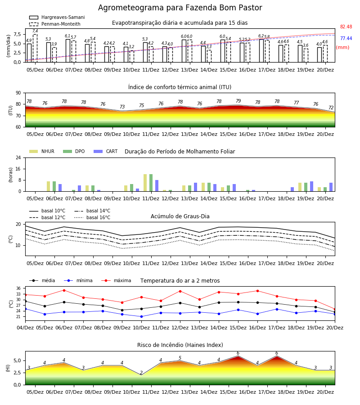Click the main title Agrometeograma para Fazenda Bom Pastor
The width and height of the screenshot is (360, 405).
pos(180,8)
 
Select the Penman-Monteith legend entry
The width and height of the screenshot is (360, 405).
pos(55,24)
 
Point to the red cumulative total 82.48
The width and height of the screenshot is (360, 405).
pos(346,27)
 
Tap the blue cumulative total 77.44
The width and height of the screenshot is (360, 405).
pos(346,38)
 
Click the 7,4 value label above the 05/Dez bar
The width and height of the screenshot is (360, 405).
pos(35,31)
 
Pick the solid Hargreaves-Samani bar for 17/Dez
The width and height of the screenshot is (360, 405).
pos(261,50)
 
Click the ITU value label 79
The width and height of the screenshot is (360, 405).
pos(238,101)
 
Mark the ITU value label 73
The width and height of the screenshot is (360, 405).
pos(122,107)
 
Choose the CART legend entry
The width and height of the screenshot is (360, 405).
pos(106,151)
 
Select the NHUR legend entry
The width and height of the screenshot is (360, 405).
pos(42,151)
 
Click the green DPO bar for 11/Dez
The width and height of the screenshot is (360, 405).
pos(151,183)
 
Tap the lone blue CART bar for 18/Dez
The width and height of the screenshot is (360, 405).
pos(292,189)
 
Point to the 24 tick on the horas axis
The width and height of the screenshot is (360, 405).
pos(18,157)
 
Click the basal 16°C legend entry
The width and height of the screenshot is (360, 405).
pos(92,217)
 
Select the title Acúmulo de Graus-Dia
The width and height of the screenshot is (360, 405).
pos(180,216)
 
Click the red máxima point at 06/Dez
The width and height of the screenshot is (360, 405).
pos(64,290)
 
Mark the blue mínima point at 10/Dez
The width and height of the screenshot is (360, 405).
pos(141,317)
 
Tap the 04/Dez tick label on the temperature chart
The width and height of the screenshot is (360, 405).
pos(25,328)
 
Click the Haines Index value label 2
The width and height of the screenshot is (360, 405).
pos(141,373)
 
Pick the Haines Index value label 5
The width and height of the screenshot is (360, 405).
pos(180,358)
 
